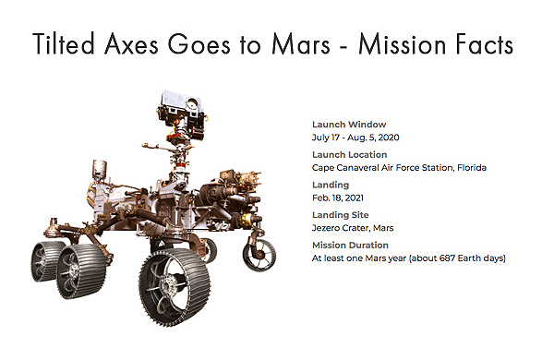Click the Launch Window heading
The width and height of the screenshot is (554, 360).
[348, 124]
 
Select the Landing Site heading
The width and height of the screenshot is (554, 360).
[342, 215]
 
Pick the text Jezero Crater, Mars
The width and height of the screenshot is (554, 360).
[353, 228]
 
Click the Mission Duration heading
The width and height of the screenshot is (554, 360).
[351, 246]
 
